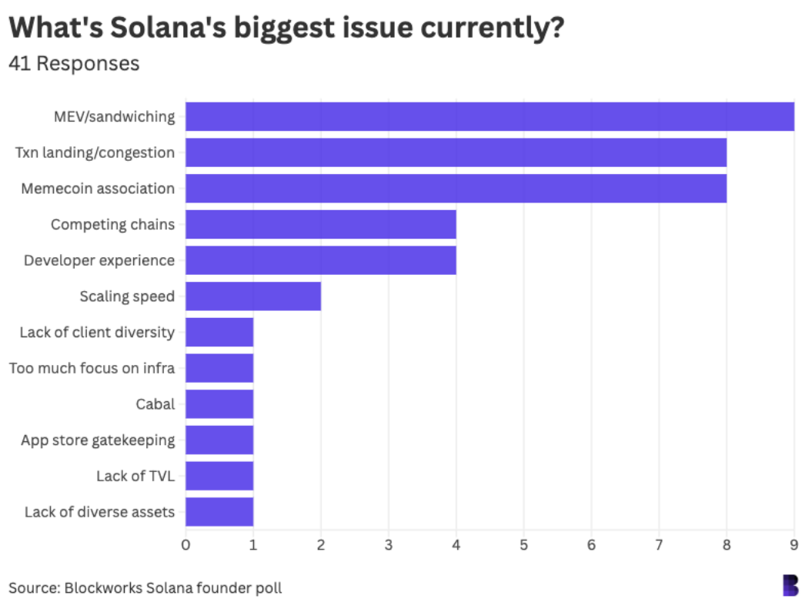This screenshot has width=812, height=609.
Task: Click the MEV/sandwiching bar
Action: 490,116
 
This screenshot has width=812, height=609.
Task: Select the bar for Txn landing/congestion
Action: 456,152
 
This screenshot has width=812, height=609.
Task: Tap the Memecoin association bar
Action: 456,189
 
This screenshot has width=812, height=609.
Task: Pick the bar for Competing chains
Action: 320,224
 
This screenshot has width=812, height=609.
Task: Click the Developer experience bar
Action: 320,260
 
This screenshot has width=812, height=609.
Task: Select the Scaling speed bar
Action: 253,296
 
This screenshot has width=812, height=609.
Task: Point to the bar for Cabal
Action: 219,404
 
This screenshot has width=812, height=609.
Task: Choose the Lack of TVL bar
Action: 219,476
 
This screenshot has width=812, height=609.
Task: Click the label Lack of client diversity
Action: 97,333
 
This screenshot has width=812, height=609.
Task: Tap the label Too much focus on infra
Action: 92,368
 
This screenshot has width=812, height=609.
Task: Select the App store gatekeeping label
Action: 98,440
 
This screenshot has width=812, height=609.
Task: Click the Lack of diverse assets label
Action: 99,512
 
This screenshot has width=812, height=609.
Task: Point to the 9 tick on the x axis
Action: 794,545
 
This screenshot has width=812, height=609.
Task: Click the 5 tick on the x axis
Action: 523,545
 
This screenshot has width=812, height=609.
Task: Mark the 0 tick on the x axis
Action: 185,545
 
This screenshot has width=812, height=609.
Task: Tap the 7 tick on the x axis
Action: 659,545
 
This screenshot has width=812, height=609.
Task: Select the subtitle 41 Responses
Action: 74,63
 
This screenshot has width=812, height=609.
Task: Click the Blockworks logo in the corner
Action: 790,585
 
